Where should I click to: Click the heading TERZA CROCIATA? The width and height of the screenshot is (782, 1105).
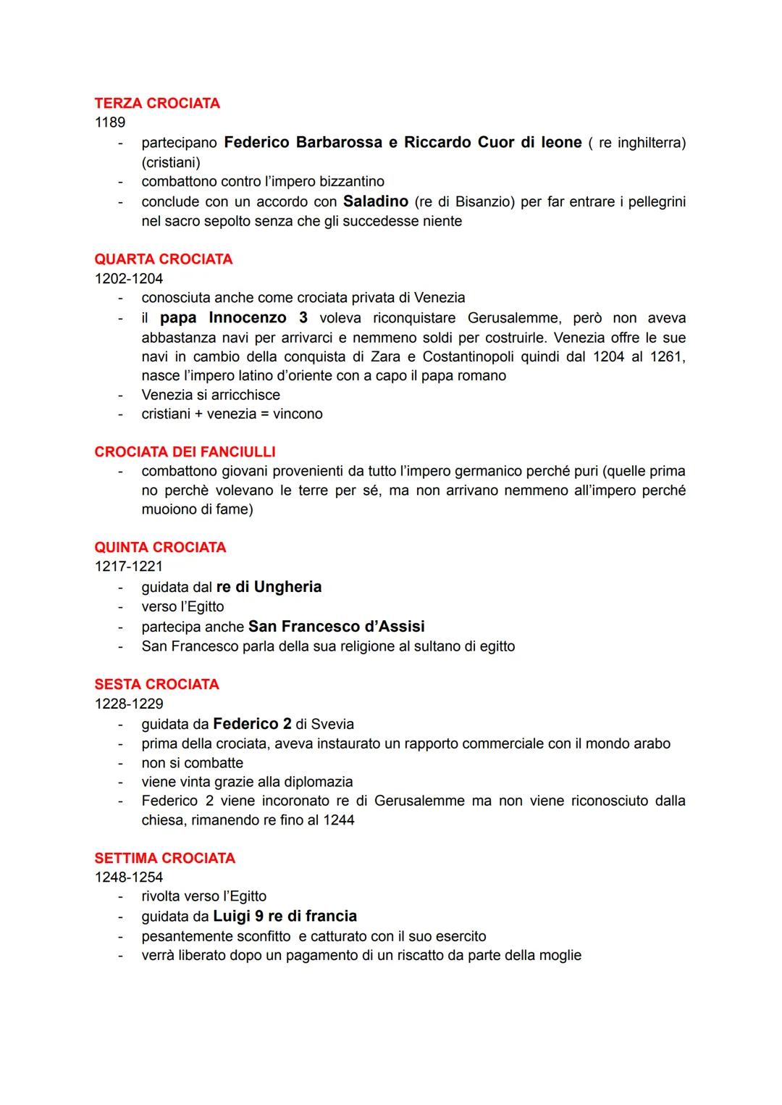point(157,104)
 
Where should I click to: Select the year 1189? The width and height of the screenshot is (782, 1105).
point(110,122)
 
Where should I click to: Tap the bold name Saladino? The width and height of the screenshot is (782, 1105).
point(376,201)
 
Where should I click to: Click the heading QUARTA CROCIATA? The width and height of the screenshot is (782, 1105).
point(164,259)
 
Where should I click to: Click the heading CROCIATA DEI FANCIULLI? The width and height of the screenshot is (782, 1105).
point(185,452)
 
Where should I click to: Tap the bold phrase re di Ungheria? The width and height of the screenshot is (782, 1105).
point(269,587)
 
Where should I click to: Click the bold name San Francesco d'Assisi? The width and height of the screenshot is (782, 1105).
point(336,626)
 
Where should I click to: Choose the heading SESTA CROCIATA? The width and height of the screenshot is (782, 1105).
point(156,685)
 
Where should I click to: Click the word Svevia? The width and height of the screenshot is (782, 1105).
point(332,724)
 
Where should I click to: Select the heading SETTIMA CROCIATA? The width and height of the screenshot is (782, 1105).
point(165,859)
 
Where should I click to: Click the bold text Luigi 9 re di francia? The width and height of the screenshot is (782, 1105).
point(285,916)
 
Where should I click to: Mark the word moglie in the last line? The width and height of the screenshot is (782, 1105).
point(560,955)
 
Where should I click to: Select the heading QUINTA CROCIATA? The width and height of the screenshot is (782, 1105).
point(160,548)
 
